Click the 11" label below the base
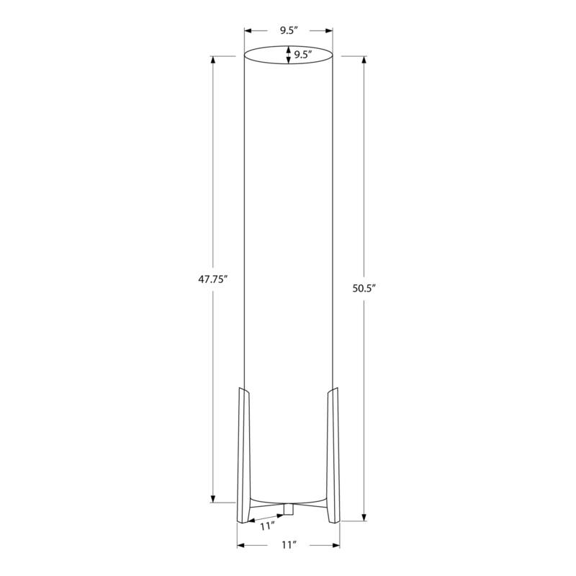tap(289, 546)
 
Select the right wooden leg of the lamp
tap(333, 454)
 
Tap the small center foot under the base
tap(288, 510)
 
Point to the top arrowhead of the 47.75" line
tap(213, 60)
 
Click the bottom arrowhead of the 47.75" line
tap(213, 498)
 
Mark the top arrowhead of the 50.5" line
tap(365, 60)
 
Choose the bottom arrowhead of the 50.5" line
tap(365, 516)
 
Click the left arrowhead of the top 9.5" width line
tap(248, 31)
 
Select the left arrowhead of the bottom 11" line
tap(241, 545)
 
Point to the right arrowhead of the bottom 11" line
tap(336, 545)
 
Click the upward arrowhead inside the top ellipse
tap(289, 50)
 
